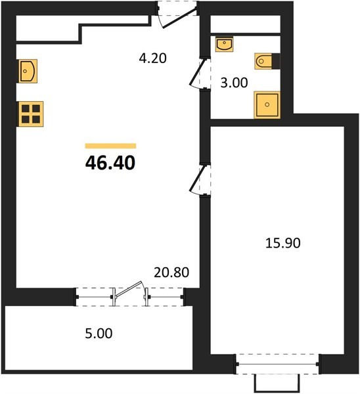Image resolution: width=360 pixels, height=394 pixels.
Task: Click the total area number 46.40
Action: point(110,163)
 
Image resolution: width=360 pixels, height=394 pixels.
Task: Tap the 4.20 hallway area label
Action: point(153,58)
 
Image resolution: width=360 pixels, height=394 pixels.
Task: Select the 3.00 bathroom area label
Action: point(234,83)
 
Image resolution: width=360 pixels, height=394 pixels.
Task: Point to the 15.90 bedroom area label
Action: point(283,243)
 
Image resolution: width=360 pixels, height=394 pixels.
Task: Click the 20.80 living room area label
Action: point(171,273)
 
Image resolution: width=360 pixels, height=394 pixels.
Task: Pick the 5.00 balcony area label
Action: point(99,334)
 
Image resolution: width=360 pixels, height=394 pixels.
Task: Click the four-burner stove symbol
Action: point(31,114)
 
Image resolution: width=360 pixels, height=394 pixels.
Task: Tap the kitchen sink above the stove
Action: point(28,71)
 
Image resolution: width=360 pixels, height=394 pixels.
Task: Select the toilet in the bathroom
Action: point(263,61)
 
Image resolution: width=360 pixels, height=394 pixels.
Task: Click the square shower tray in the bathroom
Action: point(267,104)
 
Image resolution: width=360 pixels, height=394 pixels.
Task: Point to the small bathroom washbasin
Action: point(224,44)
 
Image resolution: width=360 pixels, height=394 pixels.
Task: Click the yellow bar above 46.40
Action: point(110,146)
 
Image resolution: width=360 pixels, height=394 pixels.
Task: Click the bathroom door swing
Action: point(200,74)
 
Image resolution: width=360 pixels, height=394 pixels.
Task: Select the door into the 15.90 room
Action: point(200,180)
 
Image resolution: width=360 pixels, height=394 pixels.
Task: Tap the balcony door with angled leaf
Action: point(129,294)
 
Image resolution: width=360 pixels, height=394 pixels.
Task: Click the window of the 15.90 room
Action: point(277,364)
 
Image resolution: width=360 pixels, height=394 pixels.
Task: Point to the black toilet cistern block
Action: point(276,61)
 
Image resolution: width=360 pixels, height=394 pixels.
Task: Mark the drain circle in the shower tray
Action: point(267,104)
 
